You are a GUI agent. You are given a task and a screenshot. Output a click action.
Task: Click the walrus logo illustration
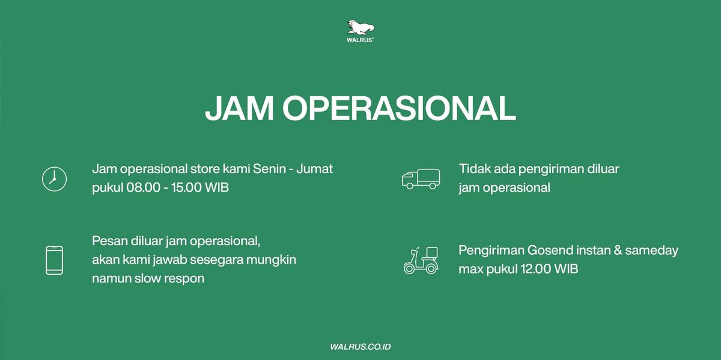360,27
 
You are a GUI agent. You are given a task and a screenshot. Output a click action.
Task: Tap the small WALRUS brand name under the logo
360,40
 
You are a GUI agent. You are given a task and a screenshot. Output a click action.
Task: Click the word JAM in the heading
240,108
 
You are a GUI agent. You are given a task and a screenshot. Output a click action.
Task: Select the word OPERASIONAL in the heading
399,108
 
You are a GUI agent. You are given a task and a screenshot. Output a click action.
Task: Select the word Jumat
314,169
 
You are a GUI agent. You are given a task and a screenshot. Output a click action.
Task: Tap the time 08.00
143,188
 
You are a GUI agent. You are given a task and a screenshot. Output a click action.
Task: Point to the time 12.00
536,269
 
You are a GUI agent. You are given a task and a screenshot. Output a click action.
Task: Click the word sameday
651,250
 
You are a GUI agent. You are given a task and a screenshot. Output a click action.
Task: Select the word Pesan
109,241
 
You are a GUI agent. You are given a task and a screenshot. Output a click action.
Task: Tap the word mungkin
271,260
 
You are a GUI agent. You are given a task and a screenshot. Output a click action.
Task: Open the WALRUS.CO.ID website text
360,347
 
